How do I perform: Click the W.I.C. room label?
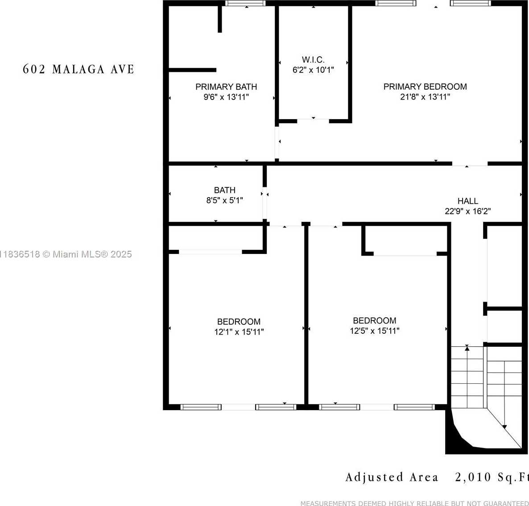click(x=313, y=60)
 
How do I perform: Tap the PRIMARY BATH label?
click(x=226, y=87)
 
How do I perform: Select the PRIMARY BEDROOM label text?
click(x=425, y=87)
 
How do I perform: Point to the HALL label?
click(x=467, y=201)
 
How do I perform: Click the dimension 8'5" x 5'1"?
click(x=225, y=200)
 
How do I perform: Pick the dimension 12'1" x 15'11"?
click(x=239, y=332)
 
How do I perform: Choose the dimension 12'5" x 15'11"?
click(x=375, y=331)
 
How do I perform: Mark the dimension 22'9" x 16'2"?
click(x=467, y=212)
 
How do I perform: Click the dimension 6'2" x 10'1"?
click(x=313, y=70)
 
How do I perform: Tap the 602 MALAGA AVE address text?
click(x=78, y=69)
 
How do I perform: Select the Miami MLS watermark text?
click(x=66, y=254)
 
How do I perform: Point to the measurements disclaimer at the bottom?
click(x=415, y=503)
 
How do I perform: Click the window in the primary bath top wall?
click(x=245, y=4)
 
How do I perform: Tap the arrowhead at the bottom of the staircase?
click(x=504, y=427)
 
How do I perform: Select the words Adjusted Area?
click(x=392, y=477)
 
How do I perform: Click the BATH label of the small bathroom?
click(x=225, y=190)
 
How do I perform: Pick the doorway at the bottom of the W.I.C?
click(x=313, y=120)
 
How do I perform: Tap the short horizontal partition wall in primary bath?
click(x=192, y=70)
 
